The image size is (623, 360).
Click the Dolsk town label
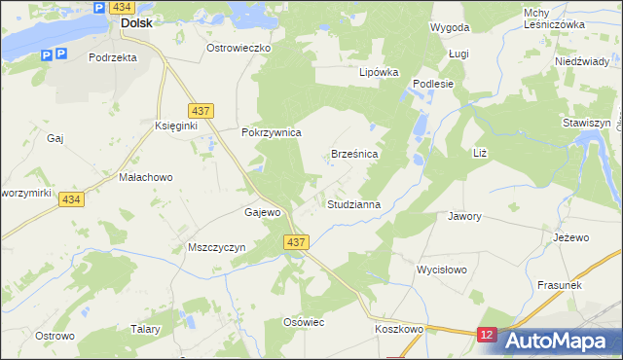coord(135,22)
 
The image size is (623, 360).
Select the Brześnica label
coord(354,154)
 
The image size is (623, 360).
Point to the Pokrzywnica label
coord(272,132)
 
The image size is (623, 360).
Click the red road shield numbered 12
coord(488,335)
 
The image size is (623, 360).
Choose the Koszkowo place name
coord(399,330)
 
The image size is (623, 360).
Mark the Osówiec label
coord(302,322)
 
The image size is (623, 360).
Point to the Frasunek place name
coord(560,285)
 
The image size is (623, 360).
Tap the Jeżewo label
coord(571,237)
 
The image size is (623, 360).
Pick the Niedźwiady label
coord(581,60)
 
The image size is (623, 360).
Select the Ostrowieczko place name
coord(238,47)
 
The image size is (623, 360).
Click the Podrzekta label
coord(112,57)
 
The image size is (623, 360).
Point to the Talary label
coord(145,330)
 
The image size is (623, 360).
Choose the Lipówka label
coord(380,72)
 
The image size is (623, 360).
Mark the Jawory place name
coord(464,216)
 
